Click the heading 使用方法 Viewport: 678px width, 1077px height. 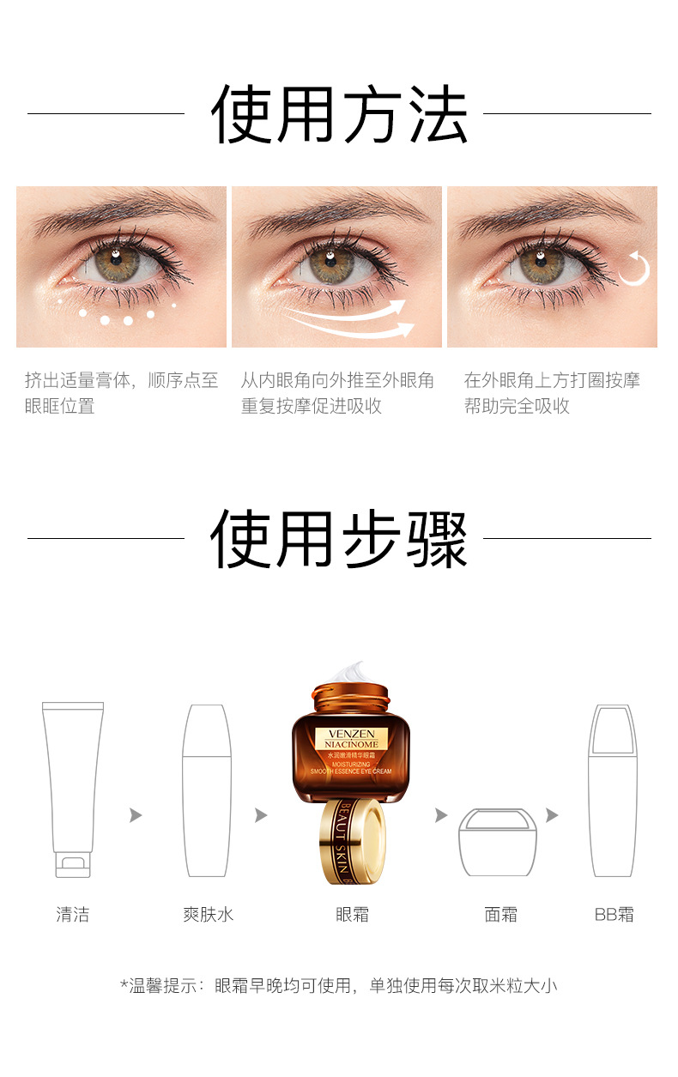tap(339, 114)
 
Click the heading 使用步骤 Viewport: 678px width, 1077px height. tap(339, 539)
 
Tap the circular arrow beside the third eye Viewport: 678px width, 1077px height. tap(635, 269)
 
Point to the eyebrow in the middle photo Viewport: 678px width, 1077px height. tap(336, 212)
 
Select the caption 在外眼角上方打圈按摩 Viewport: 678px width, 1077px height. tap(552, 380)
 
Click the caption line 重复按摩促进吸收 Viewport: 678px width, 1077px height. tap(312, 406)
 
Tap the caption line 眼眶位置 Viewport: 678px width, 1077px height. tap(59, 406)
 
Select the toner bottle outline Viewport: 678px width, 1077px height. tap(207, 790)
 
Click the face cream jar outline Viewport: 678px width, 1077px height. tap(497, 842)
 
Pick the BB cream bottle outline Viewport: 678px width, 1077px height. tap(613, 790)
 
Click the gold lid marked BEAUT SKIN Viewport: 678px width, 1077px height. tap(353, 842)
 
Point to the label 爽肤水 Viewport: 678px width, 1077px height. tap(209, 915)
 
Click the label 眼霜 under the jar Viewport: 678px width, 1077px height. tap(353, 915)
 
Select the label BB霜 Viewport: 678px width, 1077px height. tap(614, 915)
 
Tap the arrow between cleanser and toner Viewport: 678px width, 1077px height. tap(136, 815)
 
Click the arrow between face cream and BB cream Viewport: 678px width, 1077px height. tap(552, 815)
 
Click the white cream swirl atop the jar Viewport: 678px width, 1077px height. tap(350, 672)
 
